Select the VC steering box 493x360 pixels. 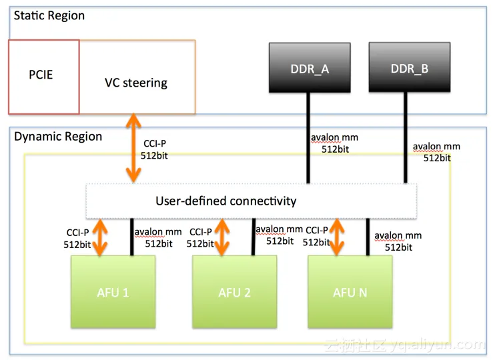click(x=137, y=83)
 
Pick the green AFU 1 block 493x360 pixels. click(x=113, y=292)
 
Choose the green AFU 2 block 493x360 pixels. click(x=234, y=292)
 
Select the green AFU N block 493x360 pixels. click(x=349, y=292)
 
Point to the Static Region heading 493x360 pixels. click(x=49, y=15)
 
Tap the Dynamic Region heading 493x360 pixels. click(x=58, y=137)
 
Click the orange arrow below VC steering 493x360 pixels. click(x=134, y=148)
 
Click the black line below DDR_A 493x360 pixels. click(x=308, y=137)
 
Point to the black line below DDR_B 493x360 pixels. click(x=404, y=137)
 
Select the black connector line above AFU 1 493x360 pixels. click(x=131, y=237)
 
